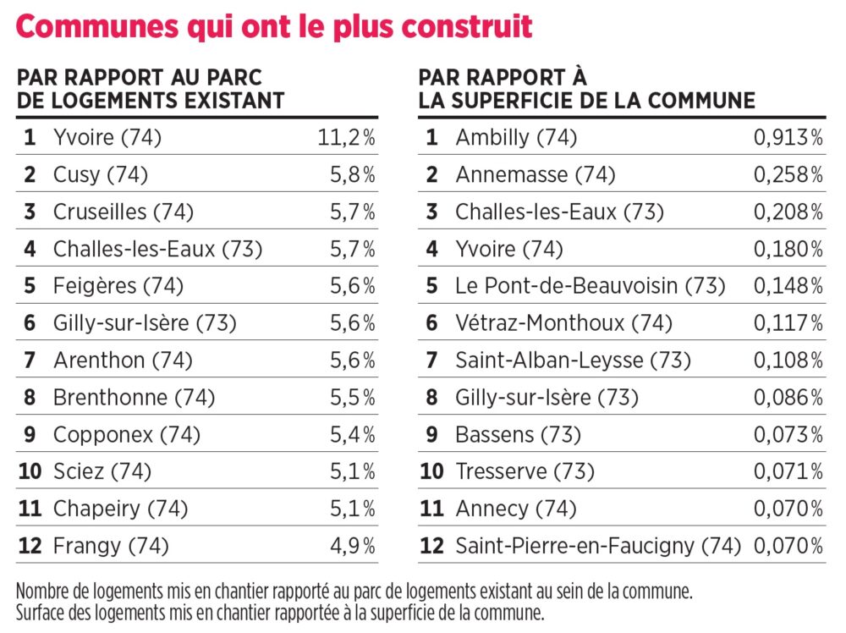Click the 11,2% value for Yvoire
(x=346, y=138)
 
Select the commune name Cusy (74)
(x=101, y=175)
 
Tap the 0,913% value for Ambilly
(x=788, y=138)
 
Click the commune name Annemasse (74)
(x=536, y=175)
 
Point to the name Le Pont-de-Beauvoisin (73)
(x=591, y=286)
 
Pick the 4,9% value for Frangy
(x=353, y=546)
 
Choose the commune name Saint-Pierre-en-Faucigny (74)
(x=598, y=546)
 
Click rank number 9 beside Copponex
(x=30, y=434)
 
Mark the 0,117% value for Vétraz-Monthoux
(x=788, y=323)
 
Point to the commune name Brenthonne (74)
(x=134, y=398)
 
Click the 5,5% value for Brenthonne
(x=353, y=398)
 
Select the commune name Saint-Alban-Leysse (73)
(x=573, y=361)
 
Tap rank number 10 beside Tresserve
(x=431, y=471)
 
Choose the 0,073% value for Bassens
(x=788, y=434)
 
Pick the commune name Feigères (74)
(x=118, y=286)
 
